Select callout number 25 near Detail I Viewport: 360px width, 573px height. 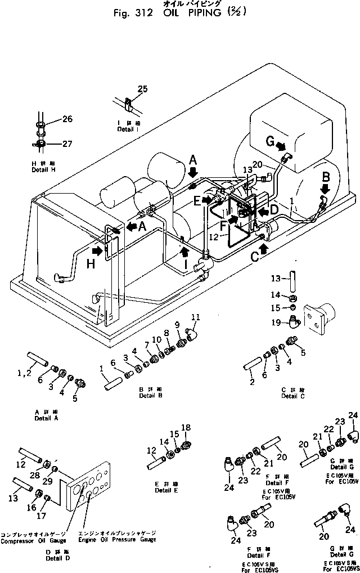point(142,89)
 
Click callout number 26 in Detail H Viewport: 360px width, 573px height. point(67,119)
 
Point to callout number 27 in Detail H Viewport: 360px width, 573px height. point(67,144)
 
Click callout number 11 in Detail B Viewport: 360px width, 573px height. point(195,316)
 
